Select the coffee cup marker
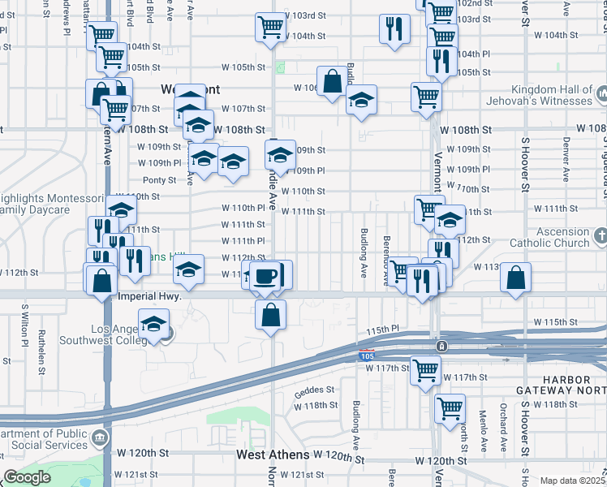pyautogui.click(x=265, y=276)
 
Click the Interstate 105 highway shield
pyautogui.click(x=367, y=355)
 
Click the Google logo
pyautogui.click(x=27, y=478)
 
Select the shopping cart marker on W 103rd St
pyautogui.click(x=271, y=26)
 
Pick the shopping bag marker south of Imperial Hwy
pyautogui.click(x=270, y=314)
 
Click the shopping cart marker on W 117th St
pyautogui.click(x=425, y=370)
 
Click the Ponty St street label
pyautogui.click(x=159, y=179)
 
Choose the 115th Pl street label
pyautogui.click(x=383, y=330)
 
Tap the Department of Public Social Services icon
pyautogui.click(x=100, y=439)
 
